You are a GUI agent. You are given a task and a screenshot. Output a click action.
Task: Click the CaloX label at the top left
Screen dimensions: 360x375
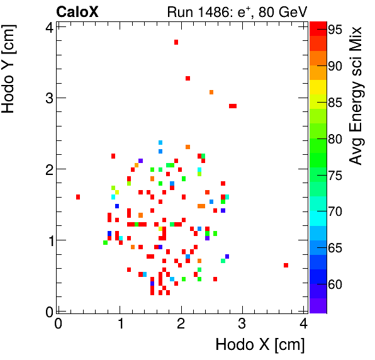tap(77, 11)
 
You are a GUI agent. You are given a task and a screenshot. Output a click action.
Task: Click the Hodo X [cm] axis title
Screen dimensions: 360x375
tap(260, 345)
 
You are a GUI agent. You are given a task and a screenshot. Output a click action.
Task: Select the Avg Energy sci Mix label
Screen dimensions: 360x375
tap(356, 95)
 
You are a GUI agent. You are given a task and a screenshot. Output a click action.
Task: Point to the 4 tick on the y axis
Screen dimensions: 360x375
tap(48, 26)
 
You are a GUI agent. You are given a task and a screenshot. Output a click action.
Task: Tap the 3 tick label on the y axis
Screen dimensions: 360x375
tap(48, 98)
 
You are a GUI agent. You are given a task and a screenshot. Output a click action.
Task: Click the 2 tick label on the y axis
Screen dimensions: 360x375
tap(48, 169)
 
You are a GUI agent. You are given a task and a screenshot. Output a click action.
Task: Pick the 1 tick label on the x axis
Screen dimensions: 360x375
tap(120, 324)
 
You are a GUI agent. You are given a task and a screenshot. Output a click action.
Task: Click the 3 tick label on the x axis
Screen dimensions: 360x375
tap(243, 324)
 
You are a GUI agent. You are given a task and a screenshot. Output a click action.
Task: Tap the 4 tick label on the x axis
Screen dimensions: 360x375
tap(304, 324)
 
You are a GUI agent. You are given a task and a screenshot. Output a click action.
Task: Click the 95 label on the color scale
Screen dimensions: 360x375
tap(334, 30)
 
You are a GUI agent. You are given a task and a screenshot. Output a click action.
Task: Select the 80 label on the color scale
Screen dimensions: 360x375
tap(334, 139)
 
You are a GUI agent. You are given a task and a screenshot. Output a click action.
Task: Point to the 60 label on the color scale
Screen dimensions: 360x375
tap(334, 284)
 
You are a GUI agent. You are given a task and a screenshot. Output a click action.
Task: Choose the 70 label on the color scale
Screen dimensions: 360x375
tap(334, 212)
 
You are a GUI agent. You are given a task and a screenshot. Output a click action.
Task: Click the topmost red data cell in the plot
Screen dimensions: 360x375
tap(176, 42)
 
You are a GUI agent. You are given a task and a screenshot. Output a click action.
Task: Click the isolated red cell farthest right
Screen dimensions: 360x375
tap(286, 265)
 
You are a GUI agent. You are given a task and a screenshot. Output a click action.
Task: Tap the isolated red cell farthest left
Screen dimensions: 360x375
tap(78, 197)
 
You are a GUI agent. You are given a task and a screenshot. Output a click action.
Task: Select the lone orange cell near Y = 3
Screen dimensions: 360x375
tap(211, 92)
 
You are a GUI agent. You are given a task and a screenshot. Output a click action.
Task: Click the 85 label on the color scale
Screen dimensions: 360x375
tap(334, 103)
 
